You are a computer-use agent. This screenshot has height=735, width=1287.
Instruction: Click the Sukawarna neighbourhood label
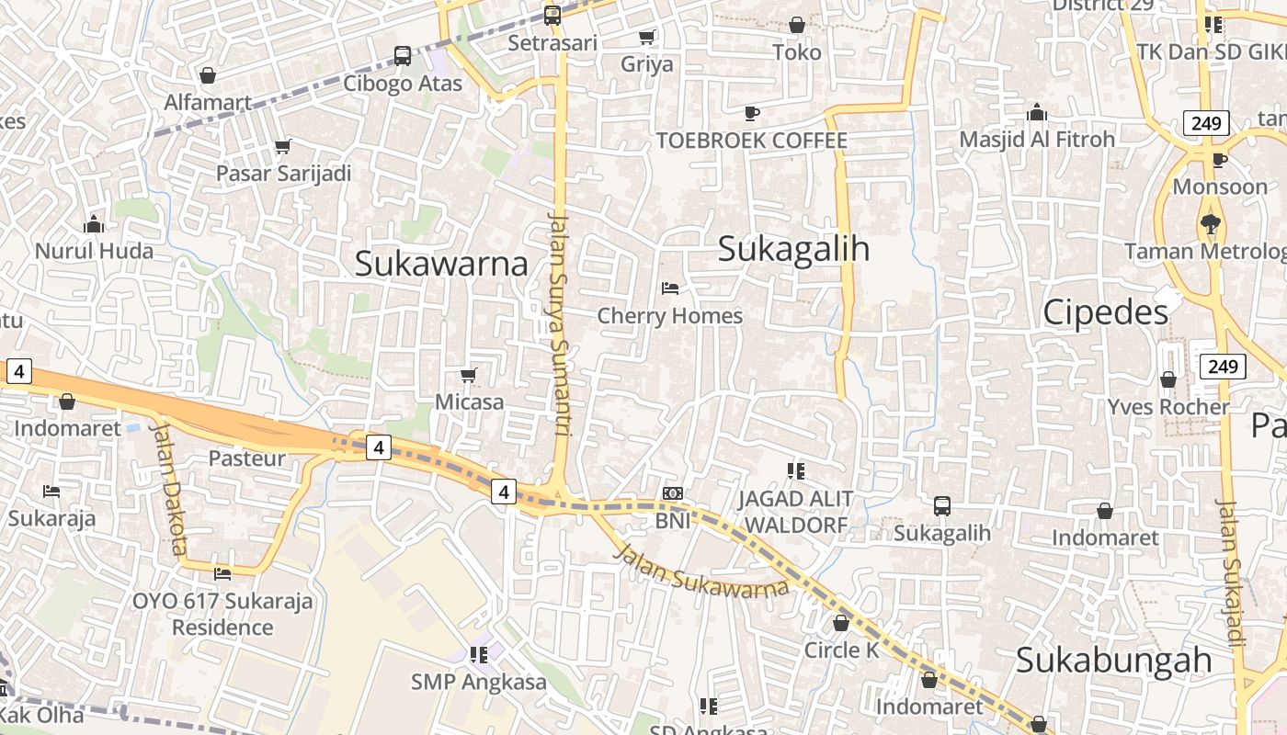tap(441, 264)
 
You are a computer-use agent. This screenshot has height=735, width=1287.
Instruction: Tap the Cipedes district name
tap(1105, 312)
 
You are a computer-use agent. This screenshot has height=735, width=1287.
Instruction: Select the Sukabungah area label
tap(1113, 661)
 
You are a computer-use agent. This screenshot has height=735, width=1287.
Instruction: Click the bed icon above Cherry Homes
tap(670, 288)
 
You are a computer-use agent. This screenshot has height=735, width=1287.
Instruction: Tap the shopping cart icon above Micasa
tap(469, 375)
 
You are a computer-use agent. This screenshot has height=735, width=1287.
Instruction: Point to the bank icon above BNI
tap(673, 494)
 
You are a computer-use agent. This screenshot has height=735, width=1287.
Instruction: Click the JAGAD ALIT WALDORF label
tap(796, 512)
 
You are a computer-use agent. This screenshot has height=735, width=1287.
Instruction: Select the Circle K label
tap(841, 650)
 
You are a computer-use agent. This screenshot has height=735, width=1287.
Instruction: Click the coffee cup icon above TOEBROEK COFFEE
tap(752, 113)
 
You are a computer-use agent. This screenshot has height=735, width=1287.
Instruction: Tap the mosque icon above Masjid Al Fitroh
tap(1037, 112)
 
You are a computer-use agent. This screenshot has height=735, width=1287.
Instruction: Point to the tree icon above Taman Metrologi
tap(1211, 223)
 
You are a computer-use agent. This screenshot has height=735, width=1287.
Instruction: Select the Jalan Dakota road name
tap(167, 488)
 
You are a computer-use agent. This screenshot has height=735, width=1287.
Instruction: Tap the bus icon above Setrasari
tap(552, 16)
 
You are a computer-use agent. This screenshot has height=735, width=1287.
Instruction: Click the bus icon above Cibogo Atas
tap(403, 56)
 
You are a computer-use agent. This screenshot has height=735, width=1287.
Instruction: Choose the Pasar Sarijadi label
tap(283, 173)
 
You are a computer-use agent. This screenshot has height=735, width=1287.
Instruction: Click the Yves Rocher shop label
tap(1167, 407)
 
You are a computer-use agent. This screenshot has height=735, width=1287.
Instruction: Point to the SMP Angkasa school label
tap(478, 682)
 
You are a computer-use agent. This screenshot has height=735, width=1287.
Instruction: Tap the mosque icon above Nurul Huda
tap(94, 224)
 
